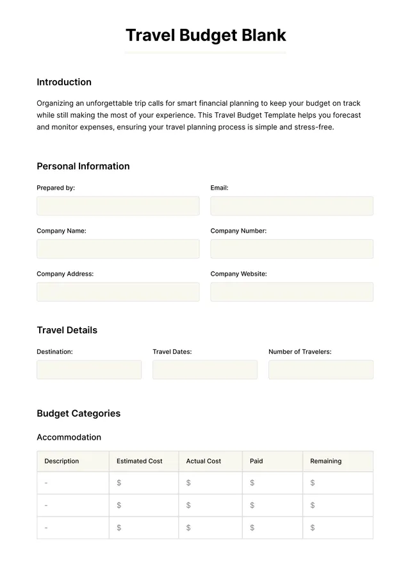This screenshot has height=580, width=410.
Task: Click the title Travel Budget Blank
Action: pyautogui.click(x=205, y=35)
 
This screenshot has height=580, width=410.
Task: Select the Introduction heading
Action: pyautogui.click(x=64, y=82)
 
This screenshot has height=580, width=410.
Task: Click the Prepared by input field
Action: pyautogui.click(x=118, y=206)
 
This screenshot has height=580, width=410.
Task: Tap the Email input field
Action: pyautogui.click(x=291, y=206)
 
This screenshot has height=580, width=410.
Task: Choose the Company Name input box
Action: pyautogui.click(x=118, y=249)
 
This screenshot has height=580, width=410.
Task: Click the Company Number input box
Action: pyautogui.click(x=291, y=249)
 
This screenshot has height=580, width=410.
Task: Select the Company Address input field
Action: pyautogui.click(x=118, y=292)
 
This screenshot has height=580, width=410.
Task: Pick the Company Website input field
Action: pyautogui.click(x=291, y=292)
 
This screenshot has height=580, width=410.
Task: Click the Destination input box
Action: pyautogui.click(x=89, y=369)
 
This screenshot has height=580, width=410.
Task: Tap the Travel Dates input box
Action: pyautogui.click(x=205, y=369)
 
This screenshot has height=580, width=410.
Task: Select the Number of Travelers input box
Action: pyautogui.click(x=320, y=369)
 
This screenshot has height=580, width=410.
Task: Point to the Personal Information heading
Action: pyautogui.click(x=83, y=166)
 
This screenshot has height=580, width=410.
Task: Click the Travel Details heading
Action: pyautogui.click(x=67, y=330)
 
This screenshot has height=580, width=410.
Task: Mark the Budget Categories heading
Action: pyautogui.click(x=79, y=413)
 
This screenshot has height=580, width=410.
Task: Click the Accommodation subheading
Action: pyautogui.click(x=69, y=437)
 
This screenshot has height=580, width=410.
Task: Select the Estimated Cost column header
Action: pyautogui.click(x=140, y=461)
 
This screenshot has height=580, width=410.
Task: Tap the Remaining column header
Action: pyautogui.click(x=325, y=461)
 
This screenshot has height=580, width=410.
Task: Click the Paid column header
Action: pyautogui.click(x=256, y=461)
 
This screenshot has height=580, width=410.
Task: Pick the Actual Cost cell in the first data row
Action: pyautogui.click(x=210, y=483)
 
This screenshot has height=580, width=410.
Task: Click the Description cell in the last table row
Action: pyautogui.click(x=73, y=527)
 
